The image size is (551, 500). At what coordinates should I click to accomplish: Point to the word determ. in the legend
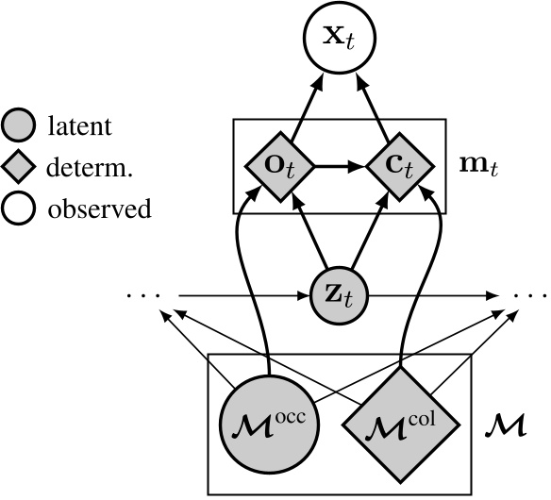(x=85, y=167)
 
